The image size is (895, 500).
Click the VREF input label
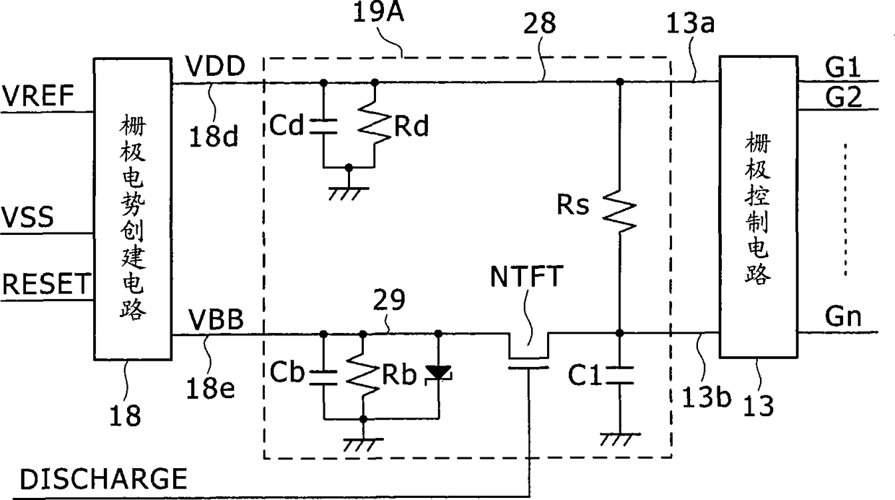pyautogui.click(x=38, y=95)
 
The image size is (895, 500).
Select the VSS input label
pyautogui.click(x=28, y=217)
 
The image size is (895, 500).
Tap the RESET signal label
pyautogui.click(x=47, y=284)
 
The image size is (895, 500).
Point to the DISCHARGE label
pyautogui.click(x=103, y=479)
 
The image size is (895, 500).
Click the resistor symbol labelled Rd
pyautogui.click(x=375, y=124)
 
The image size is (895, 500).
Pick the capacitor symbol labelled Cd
pyautogui.click(x=323, y=126)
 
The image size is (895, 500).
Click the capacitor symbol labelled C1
pyautogui.click(x=619, y=375)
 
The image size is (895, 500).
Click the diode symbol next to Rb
pyautogui.click(x=438, y=374)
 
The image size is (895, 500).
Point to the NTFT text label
pyautogui.click(x=527, y=277)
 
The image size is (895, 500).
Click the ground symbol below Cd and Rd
pyautogui.click(x=349, y=193)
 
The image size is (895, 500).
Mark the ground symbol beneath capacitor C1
pyautogui.click(x=620, y=439)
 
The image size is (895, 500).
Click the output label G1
pyautogui.click(x=843, y=67)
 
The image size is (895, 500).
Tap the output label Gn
pyautogui.click(x=843, y=316)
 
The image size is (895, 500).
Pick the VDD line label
pyautogui.click(x=215, y=66)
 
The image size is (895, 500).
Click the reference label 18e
pyautogui.click(x=211, y=389)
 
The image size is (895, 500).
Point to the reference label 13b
pyautogui.click(x=706, y=397)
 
